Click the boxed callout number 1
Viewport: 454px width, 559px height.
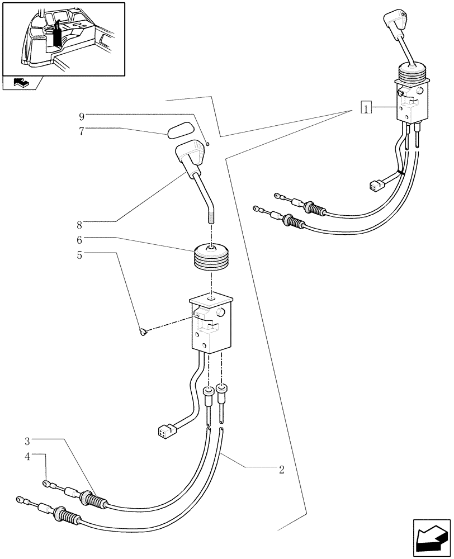[x=366, y=107]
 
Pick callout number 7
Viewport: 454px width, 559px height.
[x=82, y=131]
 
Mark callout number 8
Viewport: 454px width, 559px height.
[x=80, y=225]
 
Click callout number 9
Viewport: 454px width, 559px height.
[x=82, y=116]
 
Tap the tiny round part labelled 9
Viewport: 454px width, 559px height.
[x=207, y=144]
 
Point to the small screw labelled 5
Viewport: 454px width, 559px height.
[x=144, y=333]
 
